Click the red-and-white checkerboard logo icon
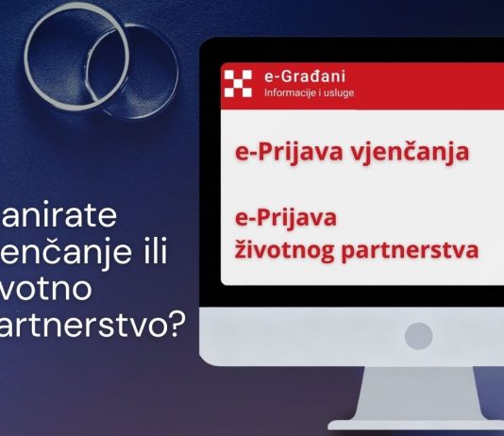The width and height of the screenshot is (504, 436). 240,83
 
